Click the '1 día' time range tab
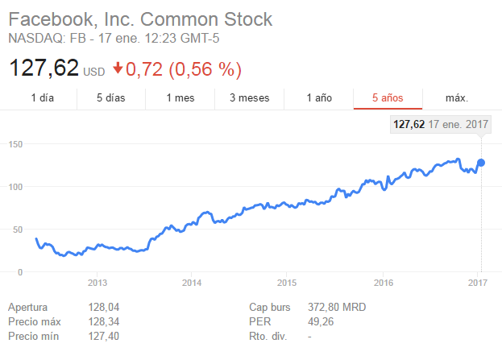point(43,98)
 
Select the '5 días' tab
point(111,98)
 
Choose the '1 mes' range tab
point(180,98)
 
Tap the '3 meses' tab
point(249,98)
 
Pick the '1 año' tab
point(319,98)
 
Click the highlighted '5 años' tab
point(388,98)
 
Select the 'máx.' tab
point(457,98)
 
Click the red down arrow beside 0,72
point(118,69)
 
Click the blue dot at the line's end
point(481,163)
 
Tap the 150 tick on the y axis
point(16,144)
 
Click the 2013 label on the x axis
point(97,283)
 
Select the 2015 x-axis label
point(287,283)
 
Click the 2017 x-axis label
point(479,283)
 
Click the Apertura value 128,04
point(103,307)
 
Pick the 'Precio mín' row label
point(32,336)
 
